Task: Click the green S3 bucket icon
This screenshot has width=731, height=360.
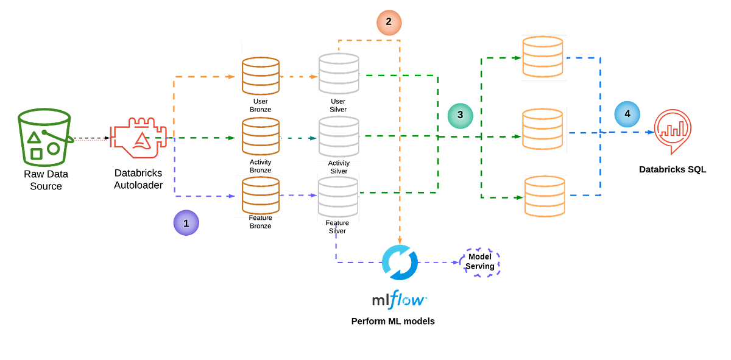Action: (x=44, y=138)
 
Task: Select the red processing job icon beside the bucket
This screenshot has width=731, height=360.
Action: (x=138, y=138)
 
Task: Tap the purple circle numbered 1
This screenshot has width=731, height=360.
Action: (x=186, y=223)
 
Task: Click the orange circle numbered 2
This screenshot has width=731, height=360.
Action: (x=389, y=23)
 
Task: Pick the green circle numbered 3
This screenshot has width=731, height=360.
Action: (x=460, y=115)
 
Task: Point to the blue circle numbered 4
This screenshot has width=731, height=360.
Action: (x=627, y=114)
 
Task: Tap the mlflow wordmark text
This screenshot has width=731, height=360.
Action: (x=400, y=300)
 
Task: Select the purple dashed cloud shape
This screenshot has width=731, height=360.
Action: (x=481, y=263)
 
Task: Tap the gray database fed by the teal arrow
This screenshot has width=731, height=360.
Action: (x=339, y=136)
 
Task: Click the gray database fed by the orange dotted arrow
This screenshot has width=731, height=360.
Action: (x=339, y=74)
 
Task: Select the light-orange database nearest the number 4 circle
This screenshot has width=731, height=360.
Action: (x=543, y=130)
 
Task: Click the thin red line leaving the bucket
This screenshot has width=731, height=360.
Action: (x=91, y=139)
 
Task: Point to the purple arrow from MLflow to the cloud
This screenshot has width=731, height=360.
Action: (x=439, y=262)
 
